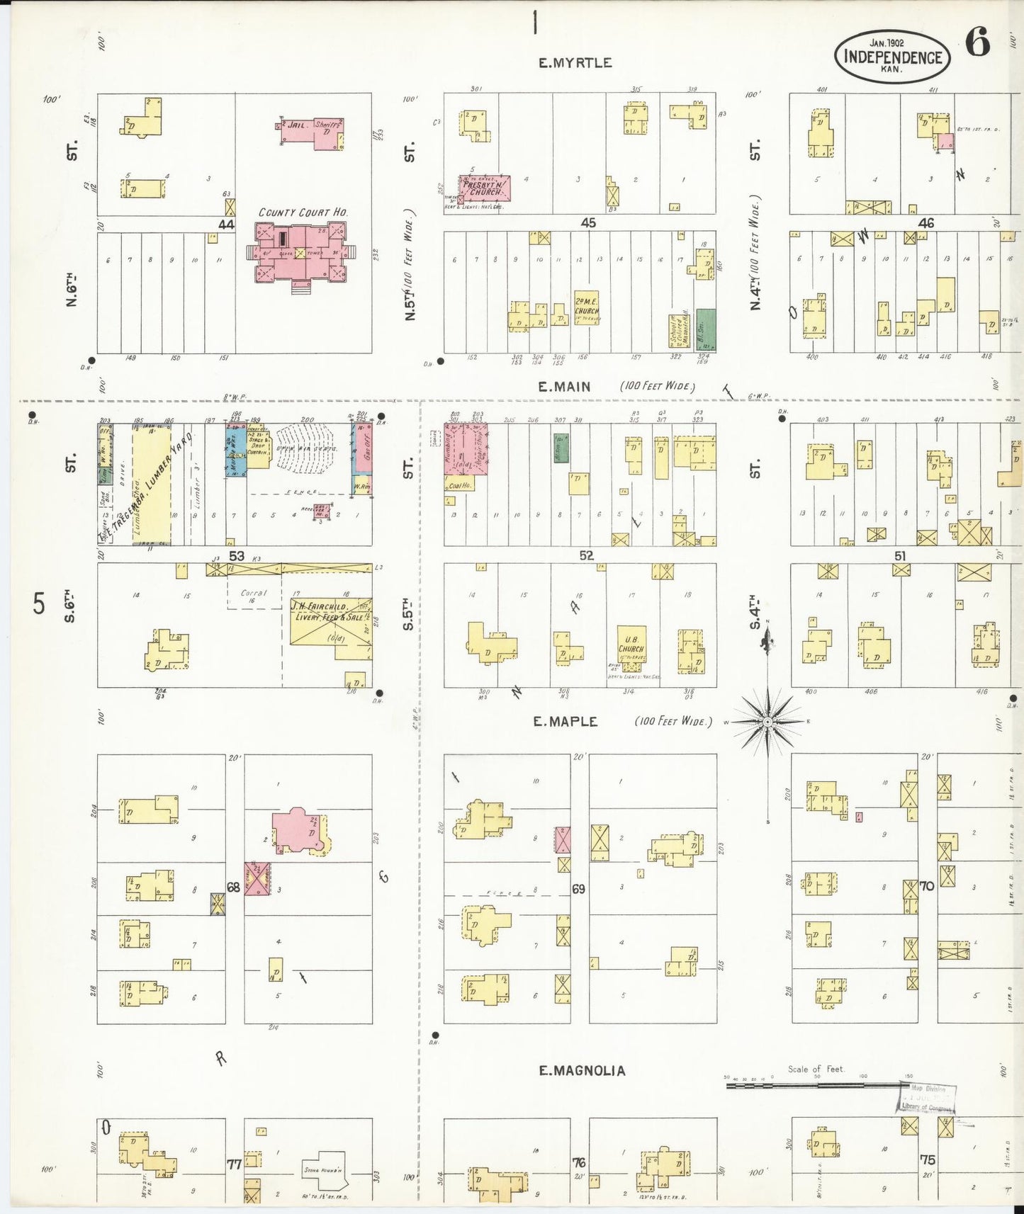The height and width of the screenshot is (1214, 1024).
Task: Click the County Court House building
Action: pos(300,252)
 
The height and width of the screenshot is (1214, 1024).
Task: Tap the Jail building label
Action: pos(296,125)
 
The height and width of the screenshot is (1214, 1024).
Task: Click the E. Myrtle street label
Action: pos(575,63)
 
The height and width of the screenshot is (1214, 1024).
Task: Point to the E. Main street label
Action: pos(564,387)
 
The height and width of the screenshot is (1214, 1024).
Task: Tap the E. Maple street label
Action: pos(566,722)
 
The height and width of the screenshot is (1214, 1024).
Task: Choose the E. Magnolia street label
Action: pos(582,1070)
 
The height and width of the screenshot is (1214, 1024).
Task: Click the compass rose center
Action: pos(768,722)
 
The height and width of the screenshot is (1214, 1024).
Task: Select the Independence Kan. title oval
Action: pos(892,57)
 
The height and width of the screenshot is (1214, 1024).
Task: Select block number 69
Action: pos(579,888)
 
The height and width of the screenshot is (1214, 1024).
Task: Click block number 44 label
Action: pos(226,225)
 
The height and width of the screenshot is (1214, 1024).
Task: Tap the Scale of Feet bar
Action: pos(815,1084)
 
